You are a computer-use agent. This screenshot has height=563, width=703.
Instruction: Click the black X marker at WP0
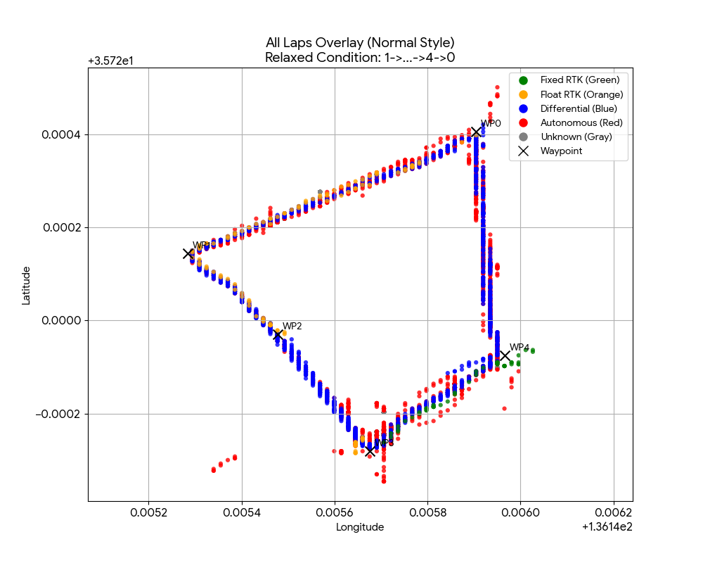click(476, 132)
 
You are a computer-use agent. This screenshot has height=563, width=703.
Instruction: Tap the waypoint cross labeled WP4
click(505, 355)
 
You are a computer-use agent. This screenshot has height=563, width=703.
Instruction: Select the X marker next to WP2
click(278, 335)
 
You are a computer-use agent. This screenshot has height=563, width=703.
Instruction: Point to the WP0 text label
click(491, 123)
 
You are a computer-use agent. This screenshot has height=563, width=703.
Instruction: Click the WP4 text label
click(520, 347)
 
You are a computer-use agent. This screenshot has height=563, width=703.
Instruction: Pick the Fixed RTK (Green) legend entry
click(579, 80)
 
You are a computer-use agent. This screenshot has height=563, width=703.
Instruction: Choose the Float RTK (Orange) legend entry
click(581, 94)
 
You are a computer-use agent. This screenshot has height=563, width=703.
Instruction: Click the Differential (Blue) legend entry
click(579, 108)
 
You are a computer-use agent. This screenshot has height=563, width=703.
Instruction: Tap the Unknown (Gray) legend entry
click(576, 137)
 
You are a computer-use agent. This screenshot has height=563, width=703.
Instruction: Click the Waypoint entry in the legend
click(561, 151)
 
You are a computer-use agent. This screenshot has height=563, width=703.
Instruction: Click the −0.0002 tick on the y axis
click(61, 414)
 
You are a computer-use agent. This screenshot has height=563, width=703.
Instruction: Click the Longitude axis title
click(360, 527)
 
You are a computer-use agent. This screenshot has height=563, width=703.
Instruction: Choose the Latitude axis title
click(26, 285)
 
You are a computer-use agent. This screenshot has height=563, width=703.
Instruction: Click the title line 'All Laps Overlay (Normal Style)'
click(360, 43)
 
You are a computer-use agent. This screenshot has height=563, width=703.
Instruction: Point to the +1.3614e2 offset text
click(607, 527)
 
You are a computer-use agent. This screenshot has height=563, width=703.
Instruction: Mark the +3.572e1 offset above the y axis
click(111, 61)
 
